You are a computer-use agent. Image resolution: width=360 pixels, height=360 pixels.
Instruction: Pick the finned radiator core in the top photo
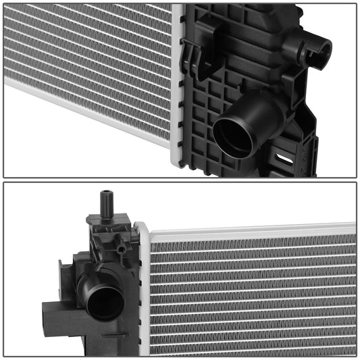[x=88, y=61]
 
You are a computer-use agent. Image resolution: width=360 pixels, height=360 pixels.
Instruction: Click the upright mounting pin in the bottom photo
[x=105, y=201]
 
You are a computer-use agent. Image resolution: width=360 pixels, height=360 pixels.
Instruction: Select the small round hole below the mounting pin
[x=120, y=249]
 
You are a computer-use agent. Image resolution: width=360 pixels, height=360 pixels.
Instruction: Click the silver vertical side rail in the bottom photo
[x=143, y=290]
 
